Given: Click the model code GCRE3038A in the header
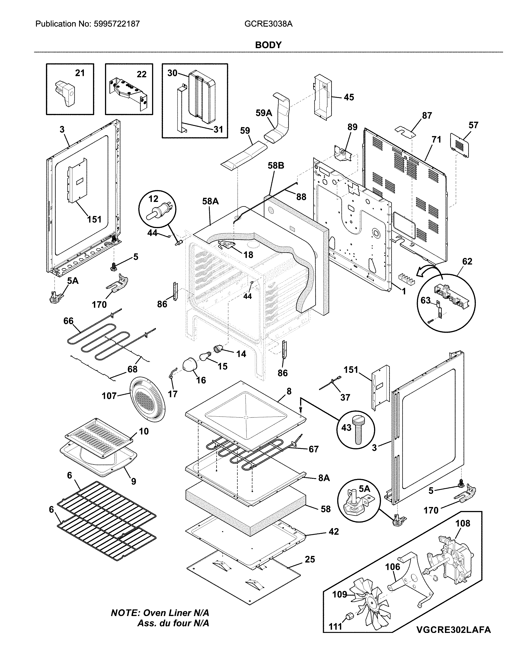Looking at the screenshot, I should pos(268,24).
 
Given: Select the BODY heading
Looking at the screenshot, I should pos(268,45).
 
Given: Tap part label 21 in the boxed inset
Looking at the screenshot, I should pos(80,73).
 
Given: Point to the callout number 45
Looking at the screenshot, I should pos(349,97).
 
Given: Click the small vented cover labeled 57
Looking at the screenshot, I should pos(459,145).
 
